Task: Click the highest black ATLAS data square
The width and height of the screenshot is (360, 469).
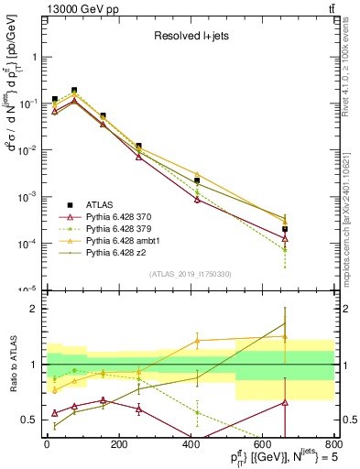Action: [x=74, y=91]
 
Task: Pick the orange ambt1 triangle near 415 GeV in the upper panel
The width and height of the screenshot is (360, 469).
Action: [x=197, y=174]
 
